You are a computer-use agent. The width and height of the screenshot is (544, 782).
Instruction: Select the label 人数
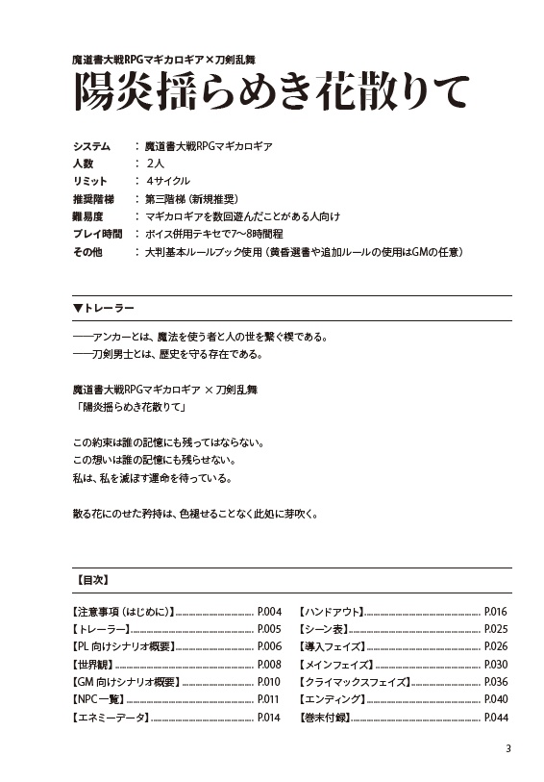[83, 164]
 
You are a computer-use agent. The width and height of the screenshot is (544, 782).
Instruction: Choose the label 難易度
[87, 216]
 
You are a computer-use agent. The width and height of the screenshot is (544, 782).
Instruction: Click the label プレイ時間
[97, 234]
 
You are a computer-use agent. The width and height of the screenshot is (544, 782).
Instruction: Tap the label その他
[87, 251]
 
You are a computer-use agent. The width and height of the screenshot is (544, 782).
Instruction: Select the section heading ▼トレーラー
[103, 309]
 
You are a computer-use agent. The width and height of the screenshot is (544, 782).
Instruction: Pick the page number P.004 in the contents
[268, 611]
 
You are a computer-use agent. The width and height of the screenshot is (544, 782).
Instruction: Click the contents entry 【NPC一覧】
[100, 699]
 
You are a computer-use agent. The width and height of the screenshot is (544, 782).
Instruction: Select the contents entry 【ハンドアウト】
[332, 611]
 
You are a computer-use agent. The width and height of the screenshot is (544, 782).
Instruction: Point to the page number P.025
[496, 628]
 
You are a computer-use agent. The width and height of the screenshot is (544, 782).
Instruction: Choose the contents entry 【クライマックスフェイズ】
[355, 682]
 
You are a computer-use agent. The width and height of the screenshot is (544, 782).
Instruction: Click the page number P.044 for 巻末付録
[496, 718]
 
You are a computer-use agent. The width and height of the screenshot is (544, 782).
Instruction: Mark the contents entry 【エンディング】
[333, 699]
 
